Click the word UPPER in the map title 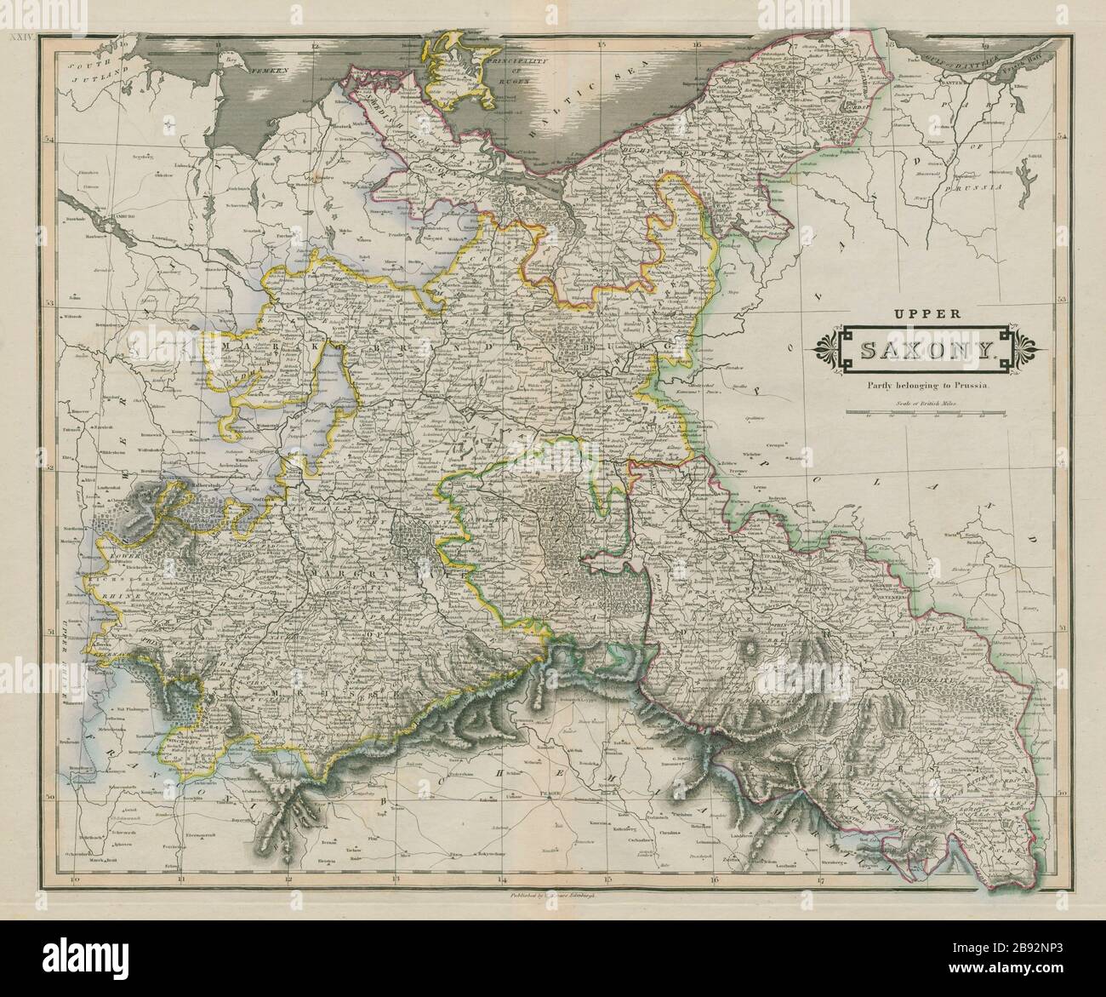click(926, 312)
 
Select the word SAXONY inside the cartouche click(926, 350)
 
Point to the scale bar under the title click(926, 415)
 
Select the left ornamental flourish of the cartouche click(824, 349)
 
